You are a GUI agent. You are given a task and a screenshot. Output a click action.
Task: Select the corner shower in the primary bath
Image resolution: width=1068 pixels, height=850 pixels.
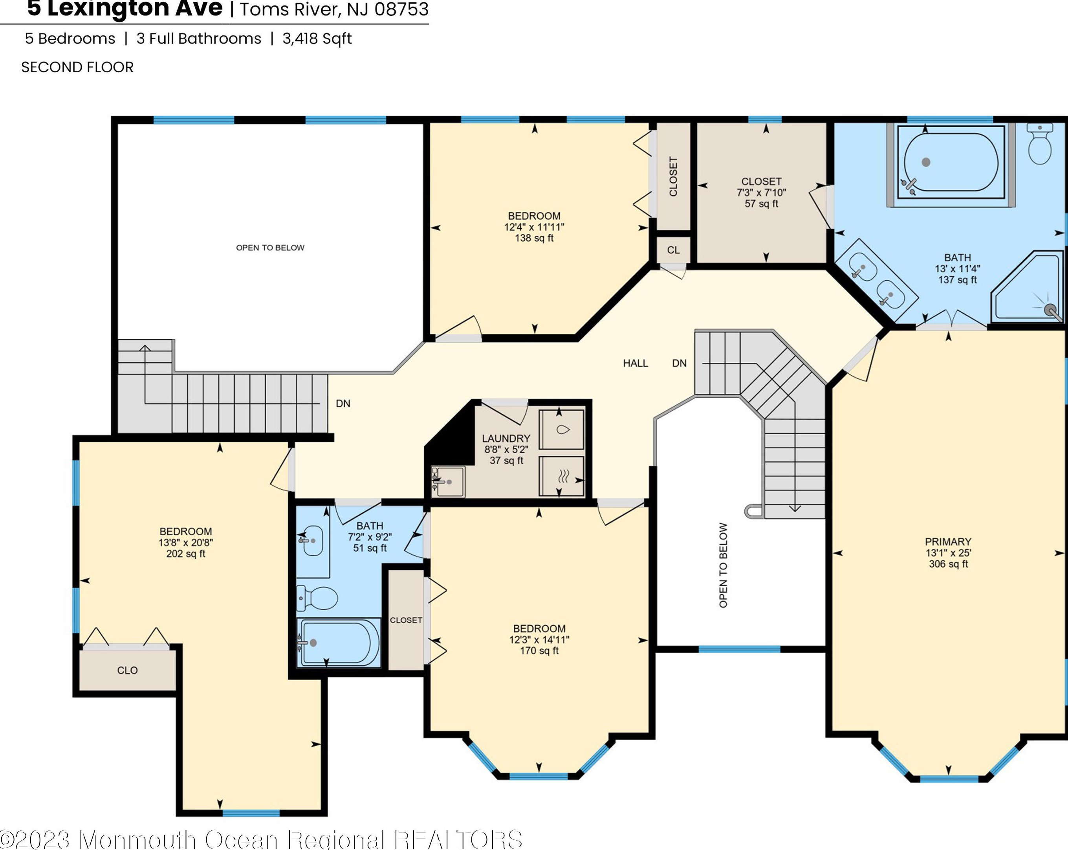click(1028, 288)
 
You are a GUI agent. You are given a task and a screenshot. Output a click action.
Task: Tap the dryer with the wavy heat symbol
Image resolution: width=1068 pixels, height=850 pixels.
click(561, 476)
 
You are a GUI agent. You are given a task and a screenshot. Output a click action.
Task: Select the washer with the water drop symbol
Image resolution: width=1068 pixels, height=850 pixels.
click(561, 429)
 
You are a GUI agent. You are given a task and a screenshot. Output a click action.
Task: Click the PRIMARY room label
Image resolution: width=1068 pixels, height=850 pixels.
click(948, 542)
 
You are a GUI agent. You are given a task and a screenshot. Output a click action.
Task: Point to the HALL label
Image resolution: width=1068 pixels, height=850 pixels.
click(636, 363)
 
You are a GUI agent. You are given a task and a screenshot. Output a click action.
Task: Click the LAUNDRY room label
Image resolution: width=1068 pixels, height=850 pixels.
click(506, 439)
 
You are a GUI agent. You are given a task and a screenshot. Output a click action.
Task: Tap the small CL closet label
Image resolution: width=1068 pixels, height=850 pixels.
click(673, 250)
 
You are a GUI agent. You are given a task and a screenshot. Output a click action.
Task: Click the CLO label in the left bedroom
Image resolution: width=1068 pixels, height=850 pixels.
click(127, 670)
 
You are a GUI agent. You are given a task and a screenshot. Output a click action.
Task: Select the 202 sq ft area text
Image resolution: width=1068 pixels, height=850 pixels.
click(186, 554)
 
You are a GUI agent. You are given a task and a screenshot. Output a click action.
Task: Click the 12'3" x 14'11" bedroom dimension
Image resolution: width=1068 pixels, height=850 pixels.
click(539, 639)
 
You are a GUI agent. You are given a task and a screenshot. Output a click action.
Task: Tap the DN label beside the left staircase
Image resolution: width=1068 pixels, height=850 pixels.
click(343, 404)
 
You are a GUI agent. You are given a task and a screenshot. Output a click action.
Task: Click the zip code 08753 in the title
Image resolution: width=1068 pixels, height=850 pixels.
click(402, 9)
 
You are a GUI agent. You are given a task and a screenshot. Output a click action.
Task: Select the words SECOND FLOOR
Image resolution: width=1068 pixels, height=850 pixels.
click(77, 68)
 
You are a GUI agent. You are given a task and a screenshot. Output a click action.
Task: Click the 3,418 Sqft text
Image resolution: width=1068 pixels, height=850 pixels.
click(317, 39)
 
